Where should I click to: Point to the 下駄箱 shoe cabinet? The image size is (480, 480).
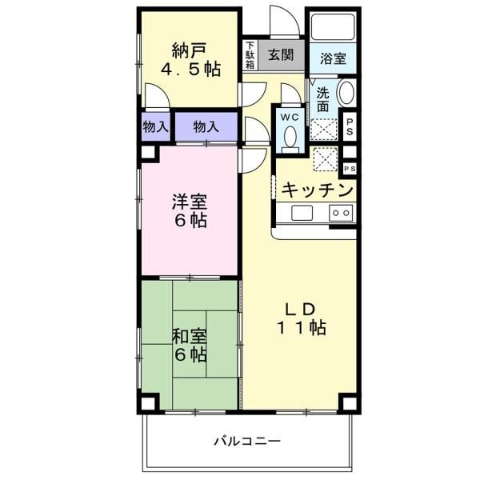(250, 56)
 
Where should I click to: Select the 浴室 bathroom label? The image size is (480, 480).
(333, 58)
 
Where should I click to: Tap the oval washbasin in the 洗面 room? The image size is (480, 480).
(346, 94)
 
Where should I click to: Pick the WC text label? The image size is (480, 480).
(289, 117)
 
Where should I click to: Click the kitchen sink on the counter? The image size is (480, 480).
(302, 213)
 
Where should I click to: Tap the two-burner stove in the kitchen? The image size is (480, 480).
(340, 213)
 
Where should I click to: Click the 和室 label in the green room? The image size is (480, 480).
(189, 336)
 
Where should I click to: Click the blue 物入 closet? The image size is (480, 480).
(206, 126)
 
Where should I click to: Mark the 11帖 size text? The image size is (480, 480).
(301, 328)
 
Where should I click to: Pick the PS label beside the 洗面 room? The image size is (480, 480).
(350, 126)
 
